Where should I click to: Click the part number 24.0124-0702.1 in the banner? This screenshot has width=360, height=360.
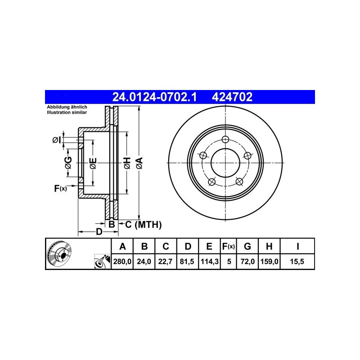click(x=154, y=97)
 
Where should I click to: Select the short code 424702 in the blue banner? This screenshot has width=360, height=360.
click(x=232, y=97)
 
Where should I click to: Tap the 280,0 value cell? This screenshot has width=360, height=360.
click(x=122, y=261)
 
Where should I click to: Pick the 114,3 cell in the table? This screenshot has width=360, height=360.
click(x=210, y=261)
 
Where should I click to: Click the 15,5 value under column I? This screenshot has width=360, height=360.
click(x=297, y=261)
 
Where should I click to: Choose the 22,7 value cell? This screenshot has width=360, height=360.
click(x=165, y=261)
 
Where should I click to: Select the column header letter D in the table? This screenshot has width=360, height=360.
click(x=188, y=246)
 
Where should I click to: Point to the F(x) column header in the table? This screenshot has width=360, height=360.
click(x=229, y=246)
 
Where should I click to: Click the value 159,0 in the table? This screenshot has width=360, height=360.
click(x=269, y=261)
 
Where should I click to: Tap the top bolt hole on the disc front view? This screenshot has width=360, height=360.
click(x=225, y=139)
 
